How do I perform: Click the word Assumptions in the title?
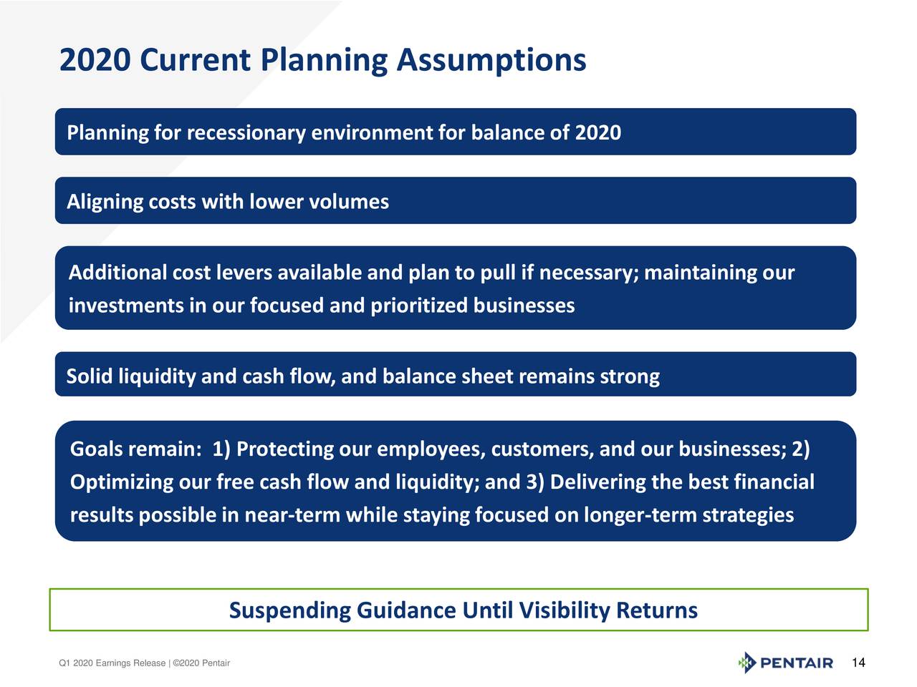tap(491, 60)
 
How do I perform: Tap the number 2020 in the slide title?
tap(95, 60)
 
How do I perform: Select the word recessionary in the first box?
tap(246, 133)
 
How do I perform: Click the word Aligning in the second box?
tap(105, 202)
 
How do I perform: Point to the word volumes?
tap(349, 202)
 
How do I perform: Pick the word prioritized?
tap(419, 306)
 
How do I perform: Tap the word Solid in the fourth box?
tap(90, 376)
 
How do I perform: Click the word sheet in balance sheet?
tap(486, 376)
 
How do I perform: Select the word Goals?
tap(96, 449)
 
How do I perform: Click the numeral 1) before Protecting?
tap(221, 449)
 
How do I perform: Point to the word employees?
tap(431, 449)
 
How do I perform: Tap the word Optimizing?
tap(122, 482)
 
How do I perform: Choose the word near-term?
tap(292, 515)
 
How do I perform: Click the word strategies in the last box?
tap(748, 515)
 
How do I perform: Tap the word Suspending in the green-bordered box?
tap(289, 610)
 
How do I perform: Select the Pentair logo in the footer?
tap(785, 663)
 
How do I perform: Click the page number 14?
tap(858, 663)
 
